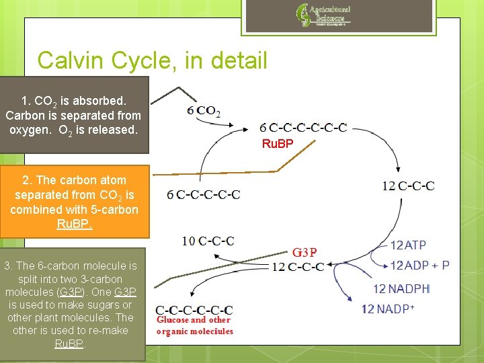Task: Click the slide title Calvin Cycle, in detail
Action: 153,61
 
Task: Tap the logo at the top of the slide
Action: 323,15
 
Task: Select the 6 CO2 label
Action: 204,112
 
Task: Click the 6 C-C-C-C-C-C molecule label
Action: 304,128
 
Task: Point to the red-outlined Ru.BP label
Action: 278,144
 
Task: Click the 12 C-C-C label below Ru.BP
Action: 408,186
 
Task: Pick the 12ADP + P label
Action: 419,266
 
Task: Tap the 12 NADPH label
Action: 401,289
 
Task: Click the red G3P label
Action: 305,253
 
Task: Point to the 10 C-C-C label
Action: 208,241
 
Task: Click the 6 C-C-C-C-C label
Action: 204,195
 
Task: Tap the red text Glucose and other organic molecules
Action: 194,325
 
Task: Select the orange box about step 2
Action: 74,202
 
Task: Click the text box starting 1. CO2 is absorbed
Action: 73,115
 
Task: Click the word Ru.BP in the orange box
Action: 74,225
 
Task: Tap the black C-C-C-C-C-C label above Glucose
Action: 194,310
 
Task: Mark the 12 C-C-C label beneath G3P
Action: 297,267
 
